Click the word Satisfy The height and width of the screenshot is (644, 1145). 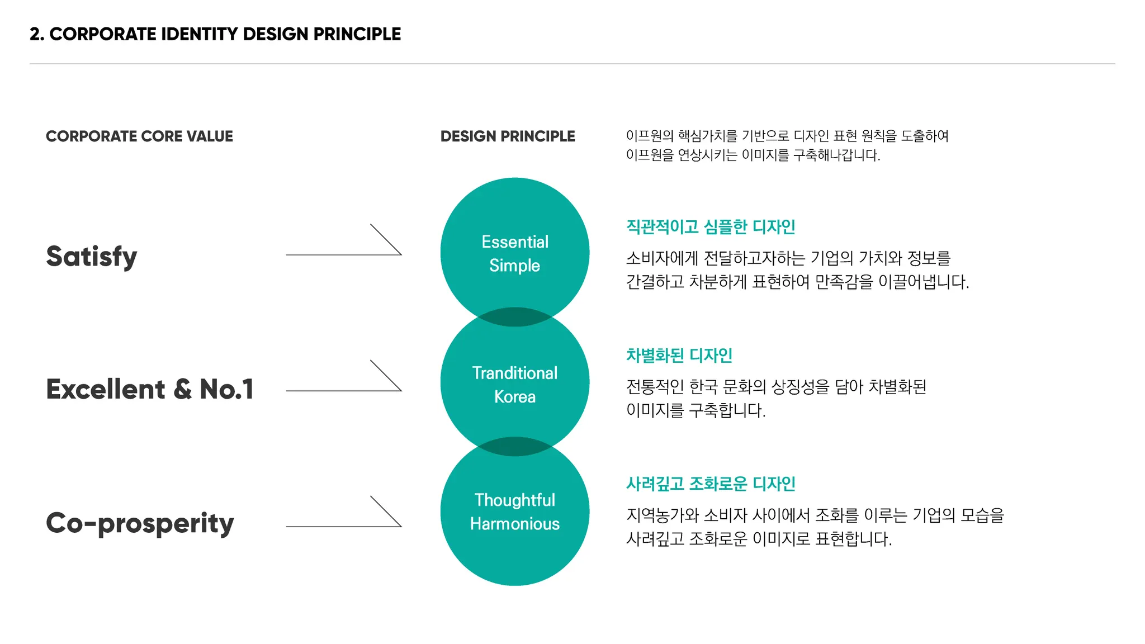click(92, 257)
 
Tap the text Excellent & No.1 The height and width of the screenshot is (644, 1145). click(150, 389)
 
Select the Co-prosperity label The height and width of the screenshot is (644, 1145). click(140, 524)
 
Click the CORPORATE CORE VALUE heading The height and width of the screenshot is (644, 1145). click(139, 136)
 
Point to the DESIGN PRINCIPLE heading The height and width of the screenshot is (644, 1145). click(508, 136)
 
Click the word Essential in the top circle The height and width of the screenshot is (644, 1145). click(515, 242)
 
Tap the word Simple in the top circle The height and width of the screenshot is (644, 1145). click(515, 266)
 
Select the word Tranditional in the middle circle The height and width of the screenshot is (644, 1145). click(515, 373)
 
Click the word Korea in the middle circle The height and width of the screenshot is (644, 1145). click(515, 397)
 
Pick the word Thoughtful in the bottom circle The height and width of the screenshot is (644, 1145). click(515, 500)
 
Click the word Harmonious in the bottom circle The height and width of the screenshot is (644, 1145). click(515, 524)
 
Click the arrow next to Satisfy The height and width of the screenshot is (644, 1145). click(344, 254)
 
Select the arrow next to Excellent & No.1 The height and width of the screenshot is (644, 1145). click(344, 390)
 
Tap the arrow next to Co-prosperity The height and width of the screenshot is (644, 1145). click(344, 526)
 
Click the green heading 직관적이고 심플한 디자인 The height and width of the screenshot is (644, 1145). click(711, 227)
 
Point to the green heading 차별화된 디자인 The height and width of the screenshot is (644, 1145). click(679, 356)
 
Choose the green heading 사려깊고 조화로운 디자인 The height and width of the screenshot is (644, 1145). click(711, 484)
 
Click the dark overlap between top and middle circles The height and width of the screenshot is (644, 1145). click(515, 317)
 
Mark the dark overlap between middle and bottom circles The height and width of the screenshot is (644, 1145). click(515, 447)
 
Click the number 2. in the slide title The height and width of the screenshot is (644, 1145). click(37, 34)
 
